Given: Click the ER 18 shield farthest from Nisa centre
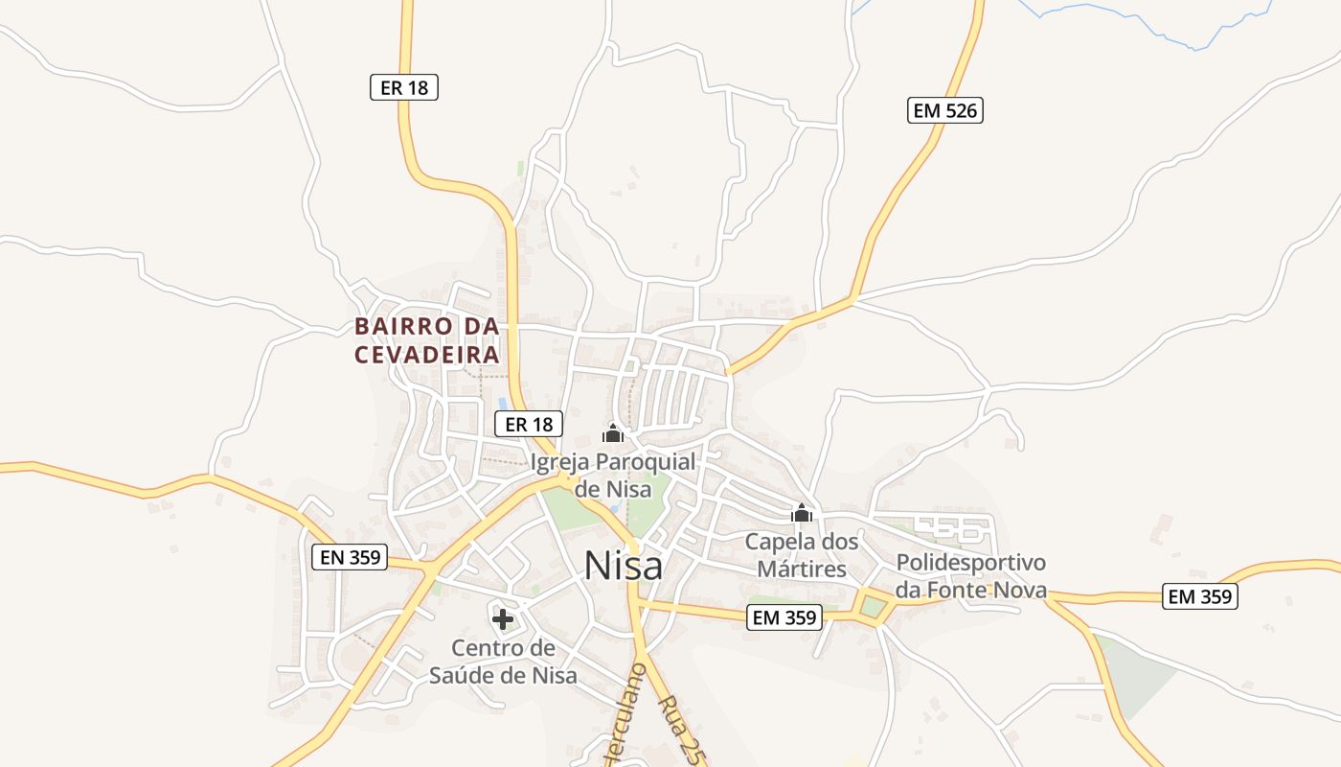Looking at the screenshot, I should pos(403,87).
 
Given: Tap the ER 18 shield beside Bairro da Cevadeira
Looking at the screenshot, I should pos(528,424).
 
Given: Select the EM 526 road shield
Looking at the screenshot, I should pos(944,110).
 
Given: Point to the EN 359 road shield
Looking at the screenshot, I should pos(349,556).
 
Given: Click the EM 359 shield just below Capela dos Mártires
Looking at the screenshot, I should pos(784,618).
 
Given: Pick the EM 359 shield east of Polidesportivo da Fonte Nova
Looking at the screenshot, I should pos(1201,596).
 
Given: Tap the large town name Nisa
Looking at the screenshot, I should pos(623,566).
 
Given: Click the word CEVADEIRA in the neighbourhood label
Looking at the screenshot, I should pos(427,355).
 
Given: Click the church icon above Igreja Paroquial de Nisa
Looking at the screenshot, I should pos(613,433).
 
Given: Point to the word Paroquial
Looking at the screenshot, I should pos(646,462).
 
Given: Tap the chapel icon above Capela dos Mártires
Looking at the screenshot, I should pos(802,514).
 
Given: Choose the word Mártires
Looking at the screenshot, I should pos(802,569).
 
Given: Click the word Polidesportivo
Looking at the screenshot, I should pos(970,563).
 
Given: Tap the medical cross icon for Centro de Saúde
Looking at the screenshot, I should pos(502,619).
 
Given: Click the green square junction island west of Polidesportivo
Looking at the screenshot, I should pos(873,607).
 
